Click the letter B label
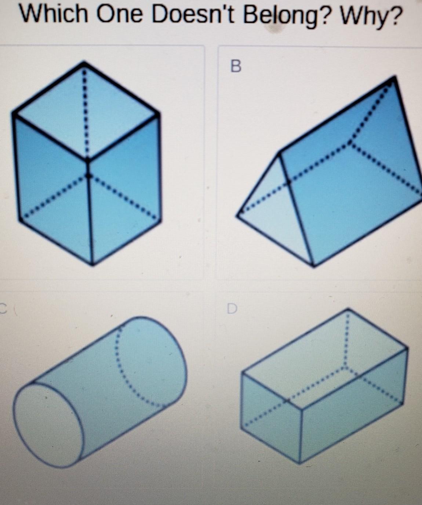236,66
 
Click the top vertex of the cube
84,62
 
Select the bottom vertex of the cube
92,264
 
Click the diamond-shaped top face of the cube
86,112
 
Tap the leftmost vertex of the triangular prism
238,215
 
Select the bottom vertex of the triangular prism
313,266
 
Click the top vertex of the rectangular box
348,310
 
